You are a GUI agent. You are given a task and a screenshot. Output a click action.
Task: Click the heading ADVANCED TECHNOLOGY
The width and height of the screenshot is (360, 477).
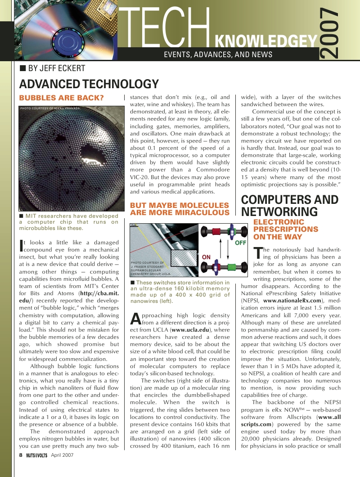(x=89, y=84)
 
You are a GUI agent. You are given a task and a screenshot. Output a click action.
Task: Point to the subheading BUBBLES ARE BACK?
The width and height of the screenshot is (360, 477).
(x=61, y=98)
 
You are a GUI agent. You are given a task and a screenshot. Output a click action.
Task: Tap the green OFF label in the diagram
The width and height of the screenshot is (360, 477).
(x=241, y=243)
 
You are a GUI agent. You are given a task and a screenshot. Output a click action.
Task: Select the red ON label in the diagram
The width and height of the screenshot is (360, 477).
(x=207, y=257)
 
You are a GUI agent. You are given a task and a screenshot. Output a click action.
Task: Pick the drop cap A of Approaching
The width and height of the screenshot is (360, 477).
(x=135, y=318)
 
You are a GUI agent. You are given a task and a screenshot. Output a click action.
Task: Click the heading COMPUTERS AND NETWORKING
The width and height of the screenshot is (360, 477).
(x=290, y=206)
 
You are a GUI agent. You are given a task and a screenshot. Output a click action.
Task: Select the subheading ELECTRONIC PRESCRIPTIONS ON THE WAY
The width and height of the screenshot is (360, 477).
(x=286, y=229)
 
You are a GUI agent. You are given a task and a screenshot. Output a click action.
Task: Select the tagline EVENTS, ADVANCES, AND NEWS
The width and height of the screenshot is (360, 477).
(x=218, y=54)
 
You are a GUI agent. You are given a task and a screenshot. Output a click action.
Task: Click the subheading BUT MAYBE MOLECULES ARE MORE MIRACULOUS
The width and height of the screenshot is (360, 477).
(x=180, y=209)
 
